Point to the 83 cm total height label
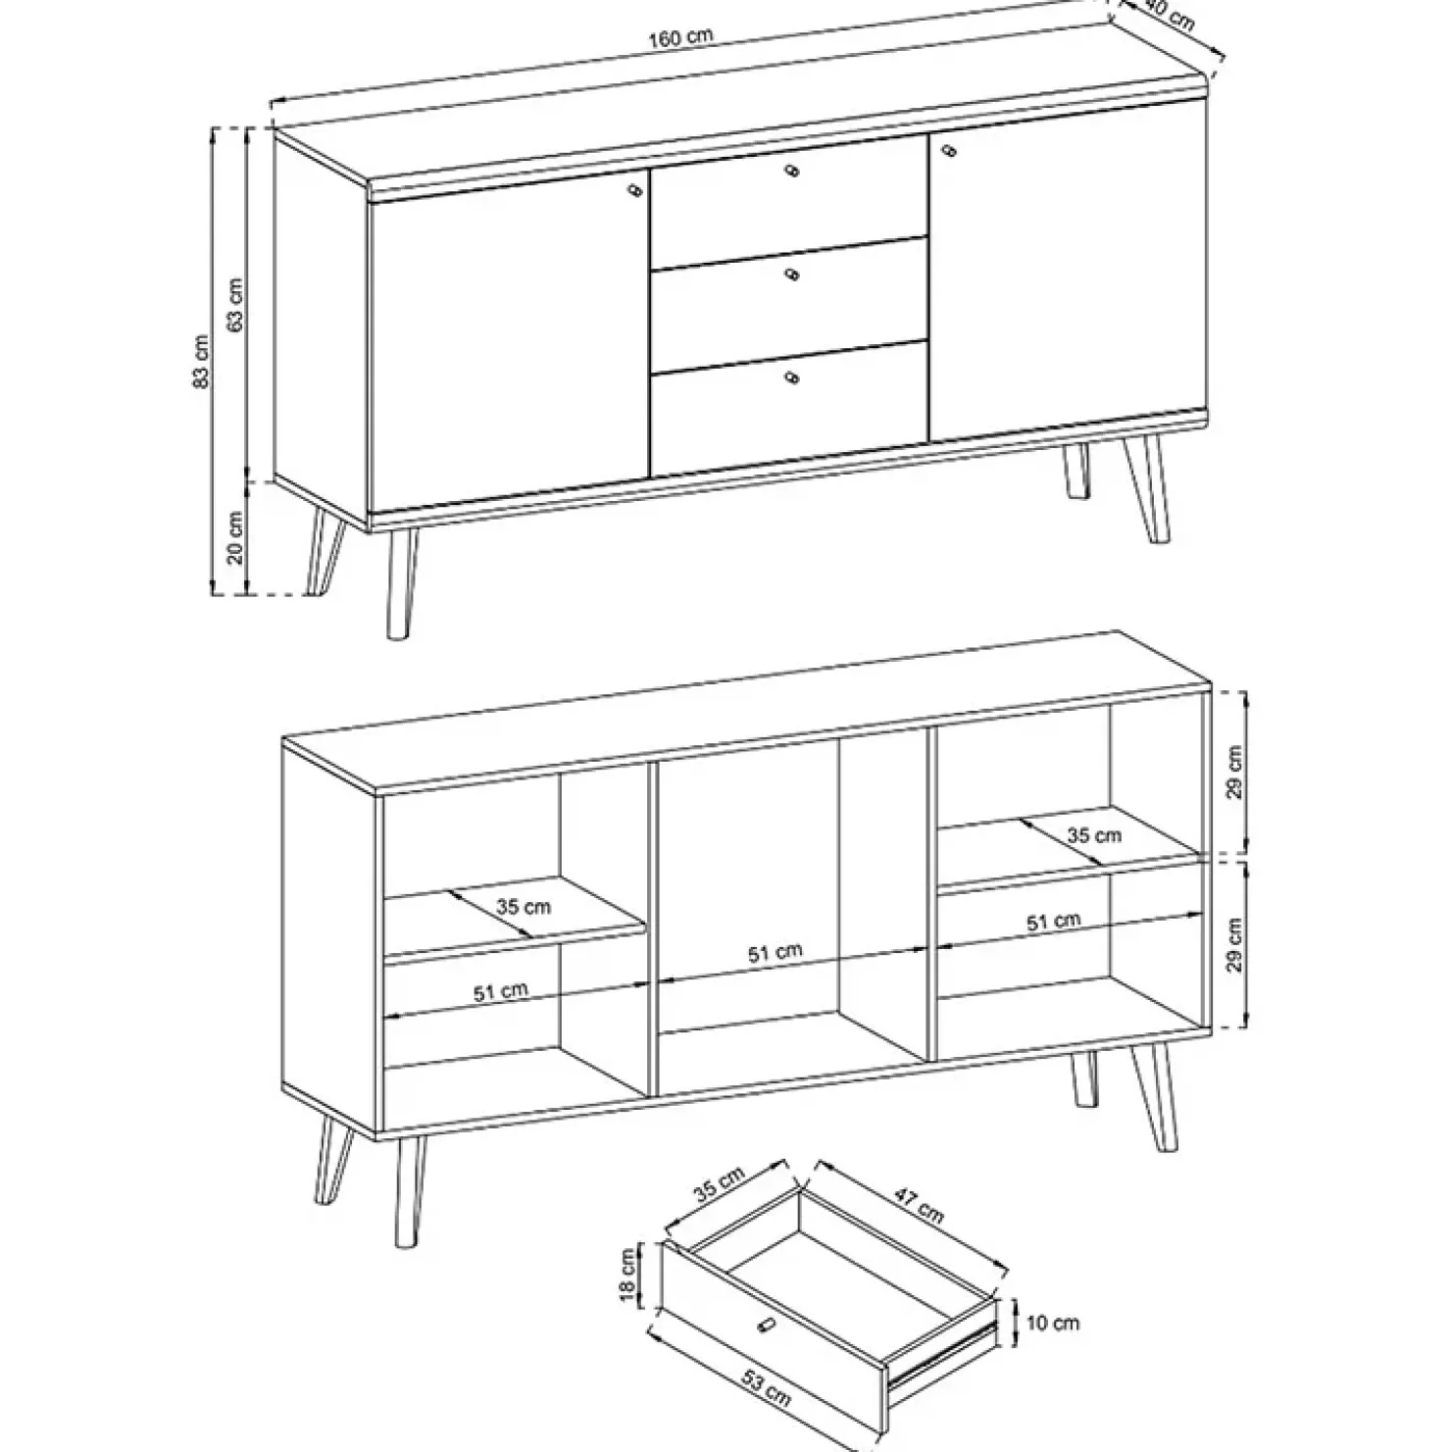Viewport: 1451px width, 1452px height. tap(201, 362)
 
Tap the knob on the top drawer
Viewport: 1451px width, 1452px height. tap(792, 173)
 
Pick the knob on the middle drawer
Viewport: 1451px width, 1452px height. tap(792, 275)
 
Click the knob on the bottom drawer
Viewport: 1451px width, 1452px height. tap(792, 376)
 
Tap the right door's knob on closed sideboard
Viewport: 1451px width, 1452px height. tap(948, 150)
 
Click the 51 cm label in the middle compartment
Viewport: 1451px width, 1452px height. tap(775, 953)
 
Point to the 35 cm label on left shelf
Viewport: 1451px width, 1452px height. tap(523, 907)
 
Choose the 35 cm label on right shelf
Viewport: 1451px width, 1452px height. tap(1093, 835)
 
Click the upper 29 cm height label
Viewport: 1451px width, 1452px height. tap(1234, 772)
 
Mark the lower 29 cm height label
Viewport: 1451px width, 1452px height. tap(1234, 944)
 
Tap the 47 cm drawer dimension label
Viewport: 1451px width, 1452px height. tap(918, 1205)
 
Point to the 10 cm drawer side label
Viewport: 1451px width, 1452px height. tap(1052, 1324)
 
